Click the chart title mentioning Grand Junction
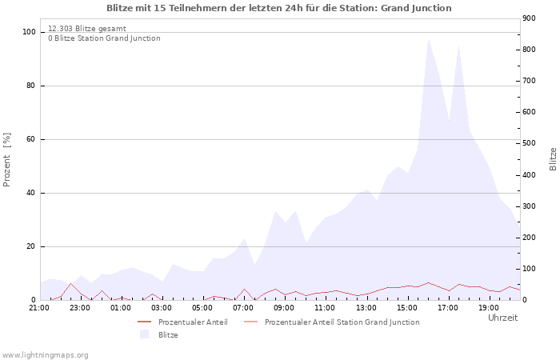click(279, 8)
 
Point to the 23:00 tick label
click(80, 307)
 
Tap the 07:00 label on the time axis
click(243, 307)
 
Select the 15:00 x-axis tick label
click(406, 307)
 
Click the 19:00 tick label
click(488, 307)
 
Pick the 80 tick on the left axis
click(30, 86)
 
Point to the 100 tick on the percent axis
click(28, 32)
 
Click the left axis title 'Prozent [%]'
click(8, 160)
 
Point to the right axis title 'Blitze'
click(553, 158)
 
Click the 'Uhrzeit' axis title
click(502, 318)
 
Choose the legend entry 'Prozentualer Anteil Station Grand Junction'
click(342, 322)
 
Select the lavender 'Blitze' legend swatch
click(144, 334)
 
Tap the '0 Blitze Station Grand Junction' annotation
click(104, 38)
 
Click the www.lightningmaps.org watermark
click(45, 354)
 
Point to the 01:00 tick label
click(121, 307)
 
